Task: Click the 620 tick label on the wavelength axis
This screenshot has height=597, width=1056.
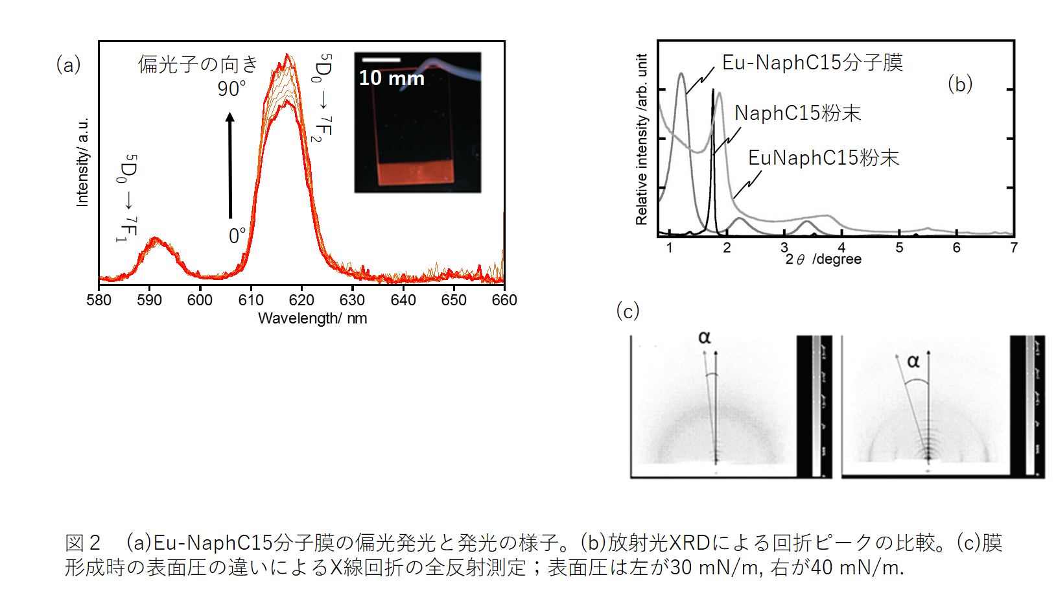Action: point(301,300)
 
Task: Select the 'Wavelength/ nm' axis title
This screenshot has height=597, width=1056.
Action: point(312,318)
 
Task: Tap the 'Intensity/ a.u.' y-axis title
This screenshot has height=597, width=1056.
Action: point(82,162)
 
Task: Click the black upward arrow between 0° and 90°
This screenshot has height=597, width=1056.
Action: point(230,165)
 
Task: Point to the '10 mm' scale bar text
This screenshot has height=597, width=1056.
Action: point(392,78)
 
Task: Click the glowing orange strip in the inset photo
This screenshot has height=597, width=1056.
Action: point(415,173)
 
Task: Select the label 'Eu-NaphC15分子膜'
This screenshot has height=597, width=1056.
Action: point(812,63)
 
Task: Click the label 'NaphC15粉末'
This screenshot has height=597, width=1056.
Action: point(797,113)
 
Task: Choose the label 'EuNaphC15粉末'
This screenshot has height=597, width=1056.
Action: point(823,158)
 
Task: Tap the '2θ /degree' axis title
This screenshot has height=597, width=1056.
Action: point(823,259)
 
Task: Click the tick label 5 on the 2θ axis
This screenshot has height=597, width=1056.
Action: point(899,248)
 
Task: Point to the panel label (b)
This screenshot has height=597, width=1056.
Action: point(959,84)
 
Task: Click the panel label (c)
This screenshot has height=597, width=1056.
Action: point(628,311)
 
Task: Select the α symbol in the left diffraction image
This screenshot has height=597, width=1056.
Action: point(705,338)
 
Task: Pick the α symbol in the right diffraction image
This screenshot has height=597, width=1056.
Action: point(913,361)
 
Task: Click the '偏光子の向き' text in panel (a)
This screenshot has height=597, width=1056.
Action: point(198,64)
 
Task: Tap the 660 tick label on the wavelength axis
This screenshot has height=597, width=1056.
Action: point(504,300)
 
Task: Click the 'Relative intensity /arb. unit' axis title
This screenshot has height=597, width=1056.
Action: point(642,139)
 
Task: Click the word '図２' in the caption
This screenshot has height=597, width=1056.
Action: point(83,543)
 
